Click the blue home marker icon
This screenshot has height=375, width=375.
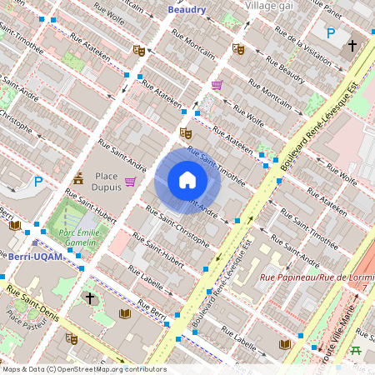(x=187, y=180)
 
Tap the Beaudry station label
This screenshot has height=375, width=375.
(x=186, y=9)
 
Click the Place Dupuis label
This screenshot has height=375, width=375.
(x=107, y=181)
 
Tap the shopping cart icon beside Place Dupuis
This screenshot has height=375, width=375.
(x=131, y=181)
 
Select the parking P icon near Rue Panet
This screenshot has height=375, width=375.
(x=331, y=34)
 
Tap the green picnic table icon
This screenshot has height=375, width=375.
(x=356, y=350)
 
